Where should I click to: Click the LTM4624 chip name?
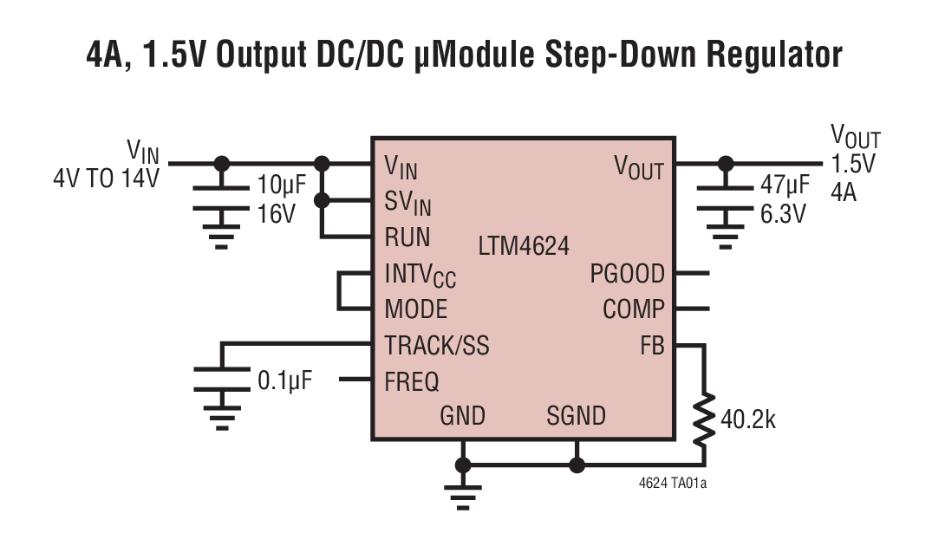(524, 246)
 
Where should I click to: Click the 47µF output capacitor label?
(785, 185)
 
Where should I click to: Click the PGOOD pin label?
(627, 275)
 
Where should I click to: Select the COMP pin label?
(634, 309)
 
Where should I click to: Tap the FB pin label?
(652, 346)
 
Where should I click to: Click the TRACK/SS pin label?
(437, 346)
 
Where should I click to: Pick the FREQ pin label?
(412, 380)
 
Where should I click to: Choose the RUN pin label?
(407, 237)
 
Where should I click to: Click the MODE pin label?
(416, 309)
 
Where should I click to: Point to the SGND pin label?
(576, 416)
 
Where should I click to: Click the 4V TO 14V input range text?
(106, 180)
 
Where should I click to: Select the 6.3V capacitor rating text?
(783, 214)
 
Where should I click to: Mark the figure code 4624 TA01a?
(672, 482)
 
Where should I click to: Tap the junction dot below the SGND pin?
(577, 465)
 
